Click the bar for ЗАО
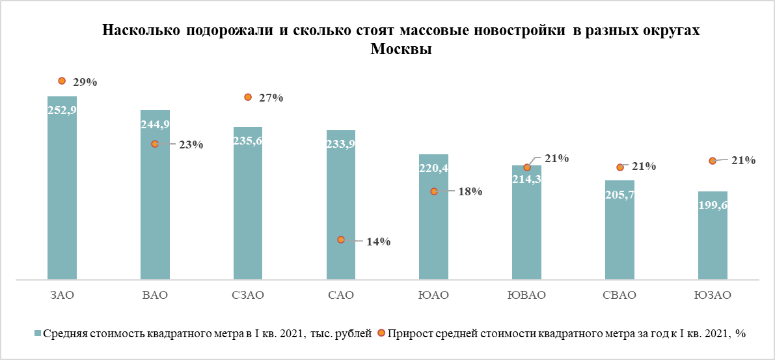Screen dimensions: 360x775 pyautogui.click(x=62, y=195)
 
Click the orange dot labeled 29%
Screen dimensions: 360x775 pyautogui.click(x=62, y=81)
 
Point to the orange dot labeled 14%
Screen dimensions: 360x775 pyautogui.click(x=341, y=240)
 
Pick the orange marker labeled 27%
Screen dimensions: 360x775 pyautogui.click(x=248, y=97)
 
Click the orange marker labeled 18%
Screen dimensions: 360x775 pyautogui.click(x=434, y=191)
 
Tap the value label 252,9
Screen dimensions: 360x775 pyautogui.click(x=62, y=111)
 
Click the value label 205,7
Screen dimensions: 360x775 pyautogui.click(x=619, y=195)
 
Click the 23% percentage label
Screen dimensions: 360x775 pyautogui.click(x=191, y=145)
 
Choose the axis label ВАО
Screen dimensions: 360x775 pyautogui.click(x=155, y=295)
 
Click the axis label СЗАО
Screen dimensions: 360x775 pyautogui.click(x=248, y=295)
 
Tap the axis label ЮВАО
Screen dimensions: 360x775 pyautogui.click(x=526, y=295)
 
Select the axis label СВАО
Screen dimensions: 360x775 pyautogui.click(x=619, y=295)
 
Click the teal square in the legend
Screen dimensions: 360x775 pyautogui.click(x=37, y=334)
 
